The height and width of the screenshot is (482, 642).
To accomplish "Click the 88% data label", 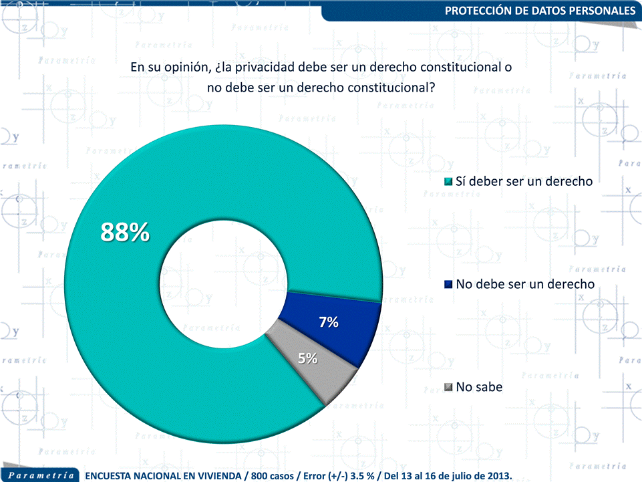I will point(125,232).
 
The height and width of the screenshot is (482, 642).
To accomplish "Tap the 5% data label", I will point(307,358).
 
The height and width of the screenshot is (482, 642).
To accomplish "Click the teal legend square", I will point(448,182).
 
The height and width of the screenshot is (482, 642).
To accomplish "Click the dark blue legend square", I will point(448,285).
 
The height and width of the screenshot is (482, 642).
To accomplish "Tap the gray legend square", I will point(448,388).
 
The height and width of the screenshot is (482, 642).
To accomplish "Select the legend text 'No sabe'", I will point(479,387).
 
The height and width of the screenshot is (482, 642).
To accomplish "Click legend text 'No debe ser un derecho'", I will point(525,284).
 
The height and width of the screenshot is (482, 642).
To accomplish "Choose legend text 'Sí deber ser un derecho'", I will point(524,181).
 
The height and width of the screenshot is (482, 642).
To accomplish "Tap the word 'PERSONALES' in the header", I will point(601,11).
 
